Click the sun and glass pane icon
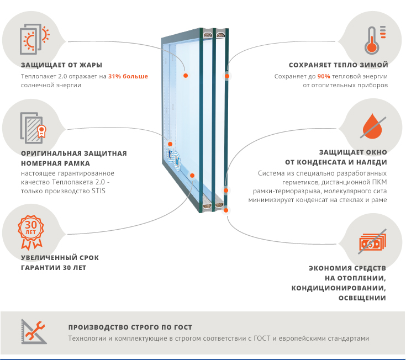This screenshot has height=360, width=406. (35, 39)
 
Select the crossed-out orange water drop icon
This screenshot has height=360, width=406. (373, 126)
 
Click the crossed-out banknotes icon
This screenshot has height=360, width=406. (373, 242)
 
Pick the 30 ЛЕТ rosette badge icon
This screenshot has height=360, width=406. (30, 232)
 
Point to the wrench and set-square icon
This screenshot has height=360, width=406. (34, 331)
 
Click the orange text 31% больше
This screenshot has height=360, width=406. (128, 76)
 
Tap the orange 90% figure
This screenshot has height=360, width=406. (324, 76)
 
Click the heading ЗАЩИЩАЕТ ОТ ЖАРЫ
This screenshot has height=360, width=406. (62, 65)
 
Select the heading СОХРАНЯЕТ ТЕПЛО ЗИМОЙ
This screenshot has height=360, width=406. (338, 65)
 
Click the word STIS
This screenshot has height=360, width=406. (98, 191)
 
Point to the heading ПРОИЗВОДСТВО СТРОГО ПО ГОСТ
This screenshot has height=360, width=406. (130, 327)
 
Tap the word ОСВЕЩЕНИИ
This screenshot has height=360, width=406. (362, 298)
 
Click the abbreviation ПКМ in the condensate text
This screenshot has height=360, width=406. (379, 182)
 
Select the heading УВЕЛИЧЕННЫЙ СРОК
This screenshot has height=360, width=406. (60, 258)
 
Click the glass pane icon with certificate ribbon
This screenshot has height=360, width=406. (33, 128)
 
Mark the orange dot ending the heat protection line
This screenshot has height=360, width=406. (186, 76)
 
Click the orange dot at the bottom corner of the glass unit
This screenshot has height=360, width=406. (226, 210)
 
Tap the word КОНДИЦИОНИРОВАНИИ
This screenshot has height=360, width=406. (339, 288)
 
